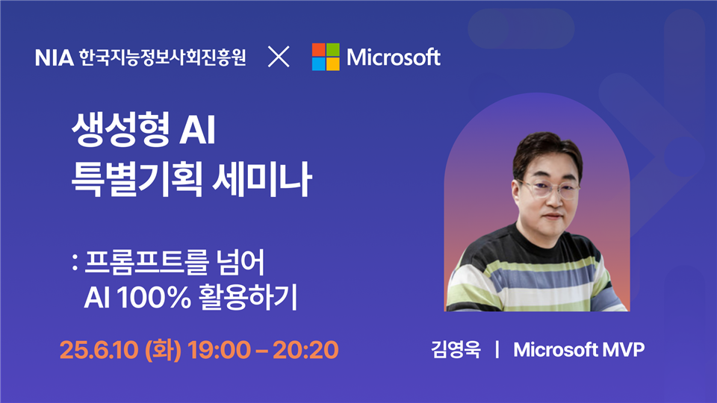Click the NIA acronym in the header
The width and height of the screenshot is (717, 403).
[x=54, y=58]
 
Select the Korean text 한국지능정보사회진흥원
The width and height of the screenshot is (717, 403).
[x=162, y=57]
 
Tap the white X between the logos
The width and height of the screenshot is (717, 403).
[x=279, y=57]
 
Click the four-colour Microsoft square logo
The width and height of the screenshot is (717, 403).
[x=326, y=57]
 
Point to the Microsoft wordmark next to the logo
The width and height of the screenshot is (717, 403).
[x=394, y=57]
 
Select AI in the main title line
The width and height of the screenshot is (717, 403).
[x=197, y=130]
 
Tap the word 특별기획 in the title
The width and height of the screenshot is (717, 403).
[x=137, y=178]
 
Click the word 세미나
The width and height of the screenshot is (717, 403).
[x=262, y=178]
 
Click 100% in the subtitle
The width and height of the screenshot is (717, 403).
[x=154, y=298]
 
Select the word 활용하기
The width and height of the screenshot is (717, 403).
[x=248, y=297]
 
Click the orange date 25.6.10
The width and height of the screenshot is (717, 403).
[x=99, y=350]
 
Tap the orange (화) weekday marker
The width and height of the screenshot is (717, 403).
[x=163, y=349]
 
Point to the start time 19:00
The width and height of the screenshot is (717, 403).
[x=219, y=350]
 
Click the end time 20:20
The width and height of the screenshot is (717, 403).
[x=305, y=350]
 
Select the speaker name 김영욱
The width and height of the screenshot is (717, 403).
[x=456, y=349]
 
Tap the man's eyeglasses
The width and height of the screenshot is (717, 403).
[x=548, y=188]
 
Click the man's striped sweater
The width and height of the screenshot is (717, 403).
[x=535, y=273]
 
